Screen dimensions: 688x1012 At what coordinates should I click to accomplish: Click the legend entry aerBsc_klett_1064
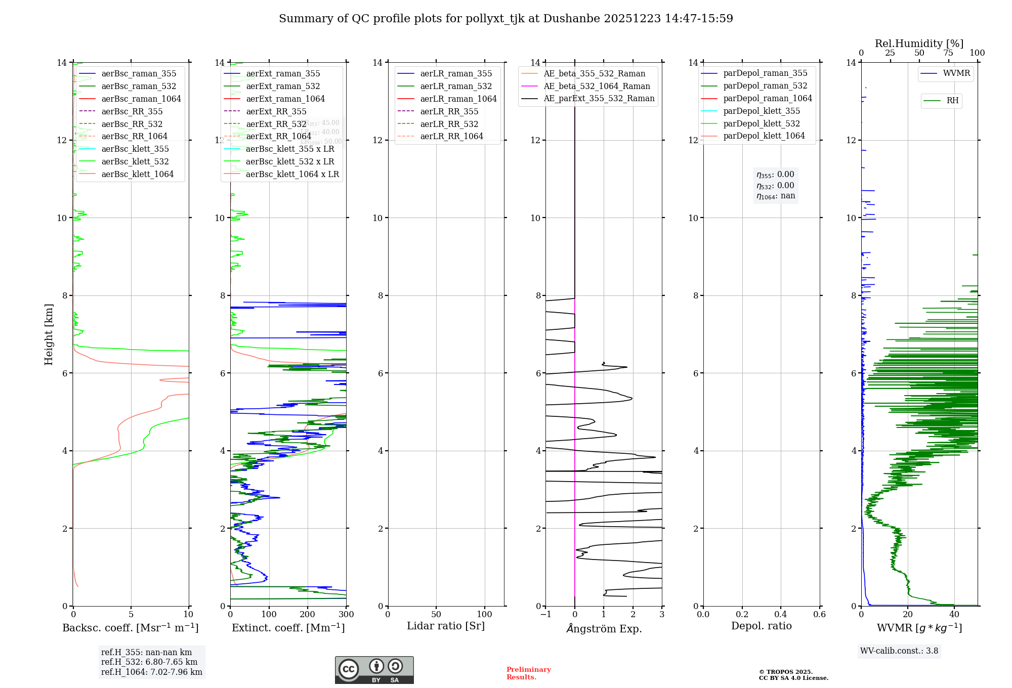pos(137,174)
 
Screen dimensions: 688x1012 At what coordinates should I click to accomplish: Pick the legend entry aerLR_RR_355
pos(449,111)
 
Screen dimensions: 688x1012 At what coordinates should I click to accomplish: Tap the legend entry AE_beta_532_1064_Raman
pos(597,86)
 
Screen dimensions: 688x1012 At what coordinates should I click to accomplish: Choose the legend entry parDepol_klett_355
pos(762,111)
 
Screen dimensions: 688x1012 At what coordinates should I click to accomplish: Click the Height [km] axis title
pos(49,334)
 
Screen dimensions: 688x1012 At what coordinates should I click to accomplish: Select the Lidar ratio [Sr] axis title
pos(446,626)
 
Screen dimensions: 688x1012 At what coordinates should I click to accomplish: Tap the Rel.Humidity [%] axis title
pos(919,44)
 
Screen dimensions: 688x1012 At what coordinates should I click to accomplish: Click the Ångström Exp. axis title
pos(604,628)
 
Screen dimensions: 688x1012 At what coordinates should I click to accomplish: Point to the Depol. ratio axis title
pos(761,626)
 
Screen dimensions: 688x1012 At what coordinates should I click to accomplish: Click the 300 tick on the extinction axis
pos(346,615)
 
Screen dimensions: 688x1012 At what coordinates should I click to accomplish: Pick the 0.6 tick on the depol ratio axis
pos(819,615)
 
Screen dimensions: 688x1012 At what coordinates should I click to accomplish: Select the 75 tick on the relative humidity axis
pos(948,53)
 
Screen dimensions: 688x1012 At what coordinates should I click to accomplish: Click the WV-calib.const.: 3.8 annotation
pos(899,651)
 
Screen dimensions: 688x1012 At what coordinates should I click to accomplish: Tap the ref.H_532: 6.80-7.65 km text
pos(149,662)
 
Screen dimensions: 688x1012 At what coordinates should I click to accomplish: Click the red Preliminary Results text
pos(528,673)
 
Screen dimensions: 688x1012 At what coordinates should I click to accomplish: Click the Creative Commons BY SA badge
pos(374,670)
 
